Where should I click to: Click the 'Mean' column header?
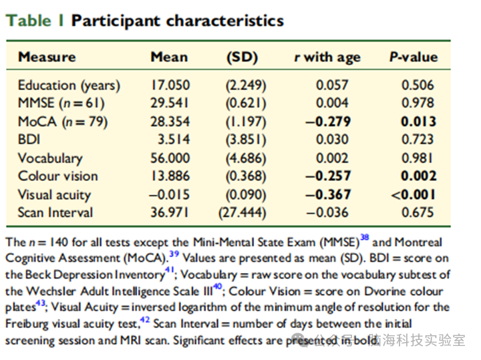(169, 57)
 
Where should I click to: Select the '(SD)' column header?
(243, 57)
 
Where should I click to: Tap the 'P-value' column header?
(414, 57)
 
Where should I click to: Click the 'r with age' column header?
(327, 57)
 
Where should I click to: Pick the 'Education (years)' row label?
(69, 85)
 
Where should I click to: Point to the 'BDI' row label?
(29, 140)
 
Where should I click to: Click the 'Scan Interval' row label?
(55, 212)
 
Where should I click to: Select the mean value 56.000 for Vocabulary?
(170, 158)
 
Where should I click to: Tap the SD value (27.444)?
(243, 212)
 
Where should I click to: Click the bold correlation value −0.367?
(328, 194)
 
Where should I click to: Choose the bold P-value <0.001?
(414, 194)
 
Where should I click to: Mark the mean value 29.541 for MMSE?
(169, 103)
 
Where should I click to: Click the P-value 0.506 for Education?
(418, 85)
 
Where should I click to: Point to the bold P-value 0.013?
(418, 122)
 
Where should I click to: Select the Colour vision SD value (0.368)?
(246, 176)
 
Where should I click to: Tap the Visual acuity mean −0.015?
(170, 194)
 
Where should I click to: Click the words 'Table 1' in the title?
(34, 21)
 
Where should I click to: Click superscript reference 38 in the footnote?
(365, 237)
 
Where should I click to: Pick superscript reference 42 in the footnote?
(145, 320)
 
